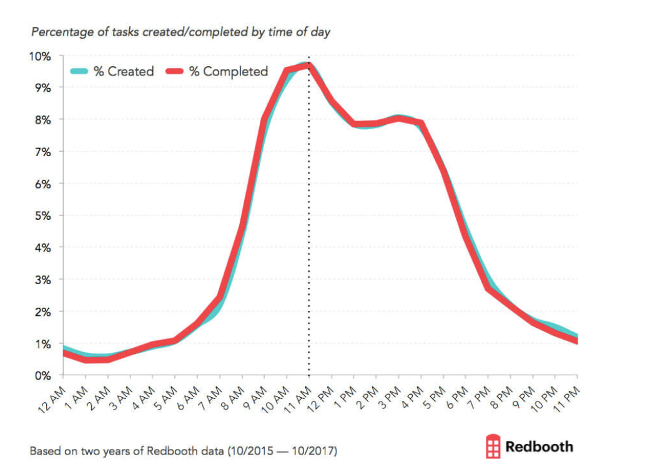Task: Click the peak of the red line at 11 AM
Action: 309,66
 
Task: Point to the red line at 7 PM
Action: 488,288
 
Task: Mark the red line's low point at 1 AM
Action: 86,360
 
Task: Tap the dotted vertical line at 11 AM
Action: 309,250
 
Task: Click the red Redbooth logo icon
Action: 493,446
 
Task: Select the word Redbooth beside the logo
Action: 539,446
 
